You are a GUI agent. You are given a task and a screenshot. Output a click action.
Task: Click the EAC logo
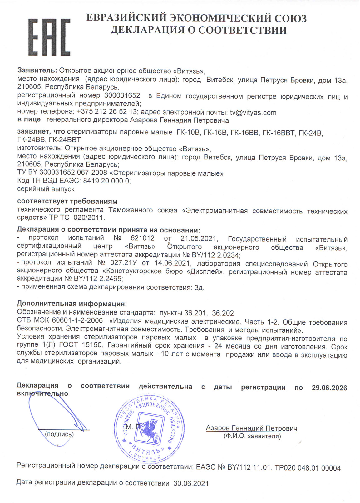pos(49,37)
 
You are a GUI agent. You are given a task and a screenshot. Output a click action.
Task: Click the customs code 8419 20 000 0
pos(107,181)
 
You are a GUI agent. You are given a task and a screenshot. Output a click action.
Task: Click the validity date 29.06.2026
pos(329,388)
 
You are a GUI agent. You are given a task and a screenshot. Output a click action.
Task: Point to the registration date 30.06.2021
pos(191,483)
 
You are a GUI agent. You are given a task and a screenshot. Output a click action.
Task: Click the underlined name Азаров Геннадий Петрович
pos(251,428)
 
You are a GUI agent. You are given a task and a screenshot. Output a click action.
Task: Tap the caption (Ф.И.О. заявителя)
pos(252,436)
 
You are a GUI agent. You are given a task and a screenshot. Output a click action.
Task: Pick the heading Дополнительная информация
pos(71,304)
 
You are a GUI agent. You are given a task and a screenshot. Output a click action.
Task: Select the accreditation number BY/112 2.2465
pos(98,278)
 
